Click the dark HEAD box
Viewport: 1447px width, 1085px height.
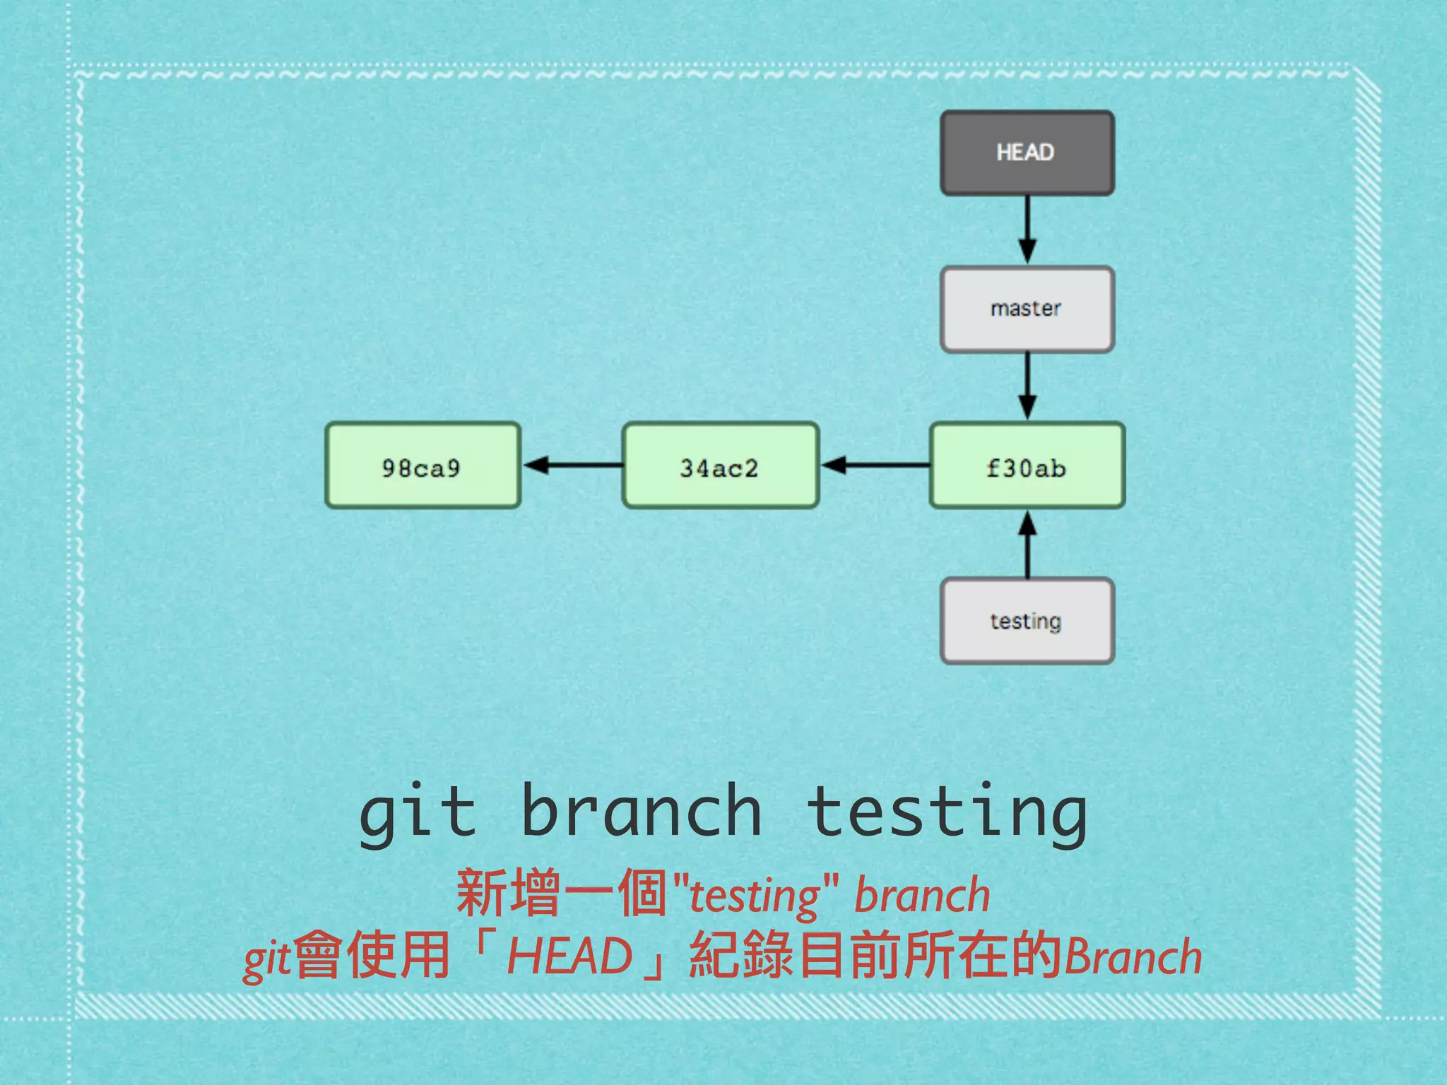[x=1027, y=153]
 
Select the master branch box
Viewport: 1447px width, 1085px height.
[x=1027, y=309]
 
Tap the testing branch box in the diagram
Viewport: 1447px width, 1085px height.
[x=1027, y=621]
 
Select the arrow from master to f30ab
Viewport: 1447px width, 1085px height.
[x=1027, y=386]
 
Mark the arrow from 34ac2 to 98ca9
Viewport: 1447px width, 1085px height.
[x=572, y=465]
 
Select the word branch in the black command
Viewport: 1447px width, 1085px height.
[x=641, y=812]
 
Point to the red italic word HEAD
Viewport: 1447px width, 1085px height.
[x=569, y=956]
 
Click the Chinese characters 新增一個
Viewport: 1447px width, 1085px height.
[x=562, y=894]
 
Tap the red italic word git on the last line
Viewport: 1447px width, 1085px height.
[x=267, y=960]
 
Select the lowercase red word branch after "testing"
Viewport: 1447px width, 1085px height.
[x=922, y=895]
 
